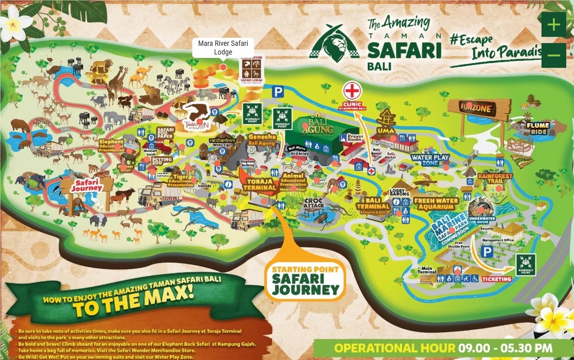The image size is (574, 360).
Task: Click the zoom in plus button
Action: (553, 24)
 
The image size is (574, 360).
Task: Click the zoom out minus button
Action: (553, 55)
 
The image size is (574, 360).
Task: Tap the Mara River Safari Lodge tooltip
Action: (223, 48)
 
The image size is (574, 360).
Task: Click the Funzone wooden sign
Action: (476, 109)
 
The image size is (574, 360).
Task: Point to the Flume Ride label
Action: (538, 128)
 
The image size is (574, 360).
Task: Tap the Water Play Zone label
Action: (428, 160)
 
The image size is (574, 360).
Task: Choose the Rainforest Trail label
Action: (495, 178)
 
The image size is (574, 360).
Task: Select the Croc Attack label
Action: (314, 203)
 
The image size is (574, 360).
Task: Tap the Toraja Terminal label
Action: (261, 185)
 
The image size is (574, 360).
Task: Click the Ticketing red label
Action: (496, 279)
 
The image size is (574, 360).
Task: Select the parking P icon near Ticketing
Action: (486, 251)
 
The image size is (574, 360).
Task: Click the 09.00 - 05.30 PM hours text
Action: (505, 348)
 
